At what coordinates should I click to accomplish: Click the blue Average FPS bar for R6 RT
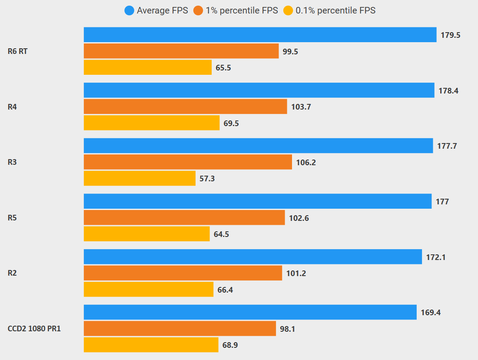[x=260, y=35]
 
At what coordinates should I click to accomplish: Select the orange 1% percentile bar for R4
[x=185, y=107]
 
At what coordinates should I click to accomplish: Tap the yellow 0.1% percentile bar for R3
[x=139, y=178]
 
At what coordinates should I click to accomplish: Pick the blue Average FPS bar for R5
[x=257, y=201]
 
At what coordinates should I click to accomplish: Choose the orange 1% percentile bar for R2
[x=183, y=273]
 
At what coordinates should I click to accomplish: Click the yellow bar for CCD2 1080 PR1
[x=151, y=345]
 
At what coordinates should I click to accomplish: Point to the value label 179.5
[x=450, y=35]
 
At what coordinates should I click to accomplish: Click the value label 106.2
[x=306, y=162]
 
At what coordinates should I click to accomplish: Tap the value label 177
[x=442, y=202]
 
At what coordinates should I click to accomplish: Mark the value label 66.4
[x=225, y=290]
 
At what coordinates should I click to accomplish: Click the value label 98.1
[x=288, y=329]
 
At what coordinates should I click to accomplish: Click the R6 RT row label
[x=18, y=51]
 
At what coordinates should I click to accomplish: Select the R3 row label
[x=12, y=162]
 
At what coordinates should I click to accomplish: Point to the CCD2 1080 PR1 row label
[x=34, y=329]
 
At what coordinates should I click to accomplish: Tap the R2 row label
[x=12, y=273]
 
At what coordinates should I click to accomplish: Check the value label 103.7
[x=301, y=107]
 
